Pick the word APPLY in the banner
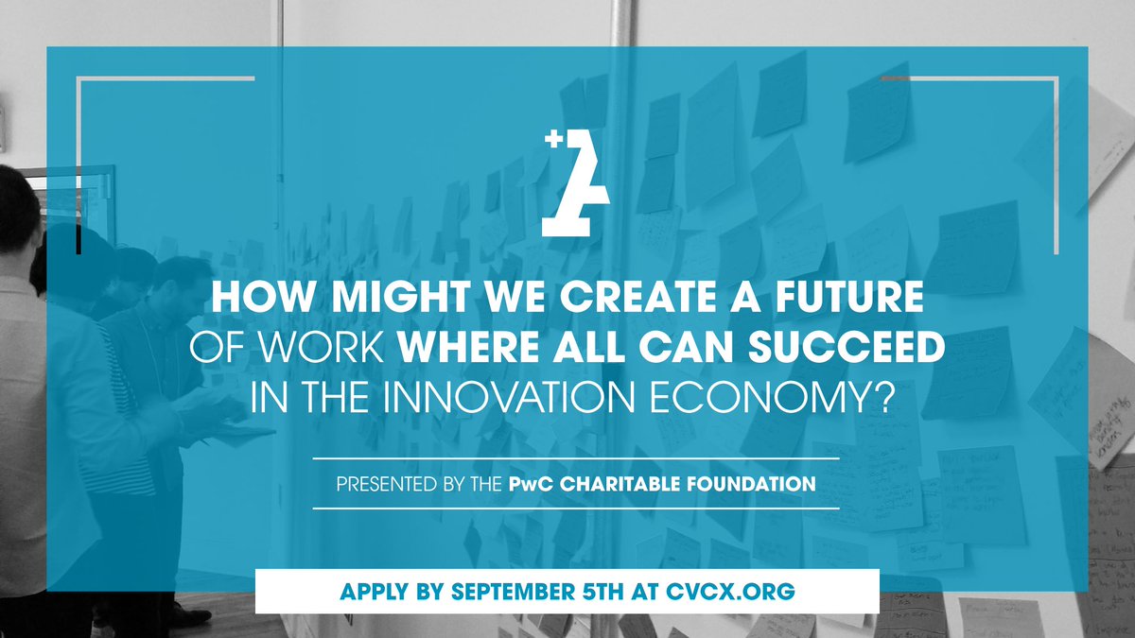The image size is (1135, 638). (x=374, y=592)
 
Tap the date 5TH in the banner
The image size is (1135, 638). (x=604, y=592)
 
